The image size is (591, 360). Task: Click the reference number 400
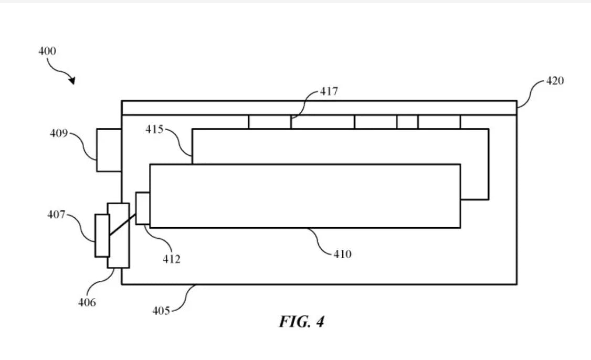point(47,51)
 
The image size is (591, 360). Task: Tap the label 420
point(555,81)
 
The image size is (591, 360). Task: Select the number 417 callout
point(329,91)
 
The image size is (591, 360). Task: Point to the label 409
point(59,133)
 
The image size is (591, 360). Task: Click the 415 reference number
point(154,129)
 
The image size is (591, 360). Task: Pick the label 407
point(56,215)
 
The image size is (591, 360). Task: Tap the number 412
point(172,259)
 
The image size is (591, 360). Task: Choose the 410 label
point(342,254)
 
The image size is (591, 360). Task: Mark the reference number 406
point(87,302)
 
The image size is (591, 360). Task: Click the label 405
point(161,311)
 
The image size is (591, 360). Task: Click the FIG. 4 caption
point(301,322)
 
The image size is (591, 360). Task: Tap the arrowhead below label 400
point(72,80)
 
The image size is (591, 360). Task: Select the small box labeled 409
point(109,150)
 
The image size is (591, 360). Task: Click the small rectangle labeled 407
point(102,236)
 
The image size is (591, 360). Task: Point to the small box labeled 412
point(143,208)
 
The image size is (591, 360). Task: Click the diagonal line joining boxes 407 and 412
point(122,225)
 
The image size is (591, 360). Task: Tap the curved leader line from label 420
point(532,92)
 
